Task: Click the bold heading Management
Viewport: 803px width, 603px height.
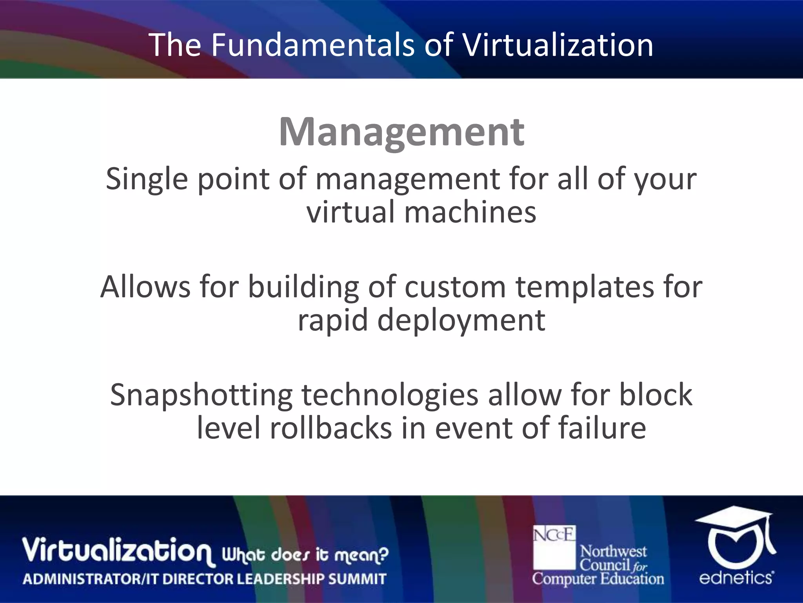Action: point(401,132)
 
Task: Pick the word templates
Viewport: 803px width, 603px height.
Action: point(585,287)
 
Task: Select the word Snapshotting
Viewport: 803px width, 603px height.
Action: point(201,395)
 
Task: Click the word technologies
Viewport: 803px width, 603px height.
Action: point(390,395)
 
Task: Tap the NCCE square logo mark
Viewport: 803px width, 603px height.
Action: point(554,546)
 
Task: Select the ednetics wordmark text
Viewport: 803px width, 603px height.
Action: point(736,578)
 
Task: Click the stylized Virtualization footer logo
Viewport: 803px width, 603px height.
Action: point(118,550)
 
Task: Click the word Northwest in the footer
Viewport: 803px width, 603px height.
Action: point(613,552)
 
